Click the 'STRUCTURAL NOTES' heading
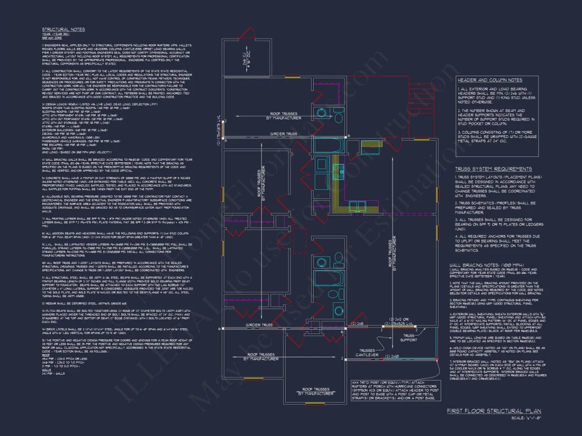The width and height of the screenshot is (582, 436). tap(63, 30)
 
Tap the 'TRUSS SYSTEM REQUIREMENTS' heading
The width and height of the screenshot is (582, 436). tap(493, 169)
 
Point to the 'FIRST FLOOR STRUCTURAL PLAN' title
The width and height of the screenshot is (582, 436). tap(494, 411)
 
